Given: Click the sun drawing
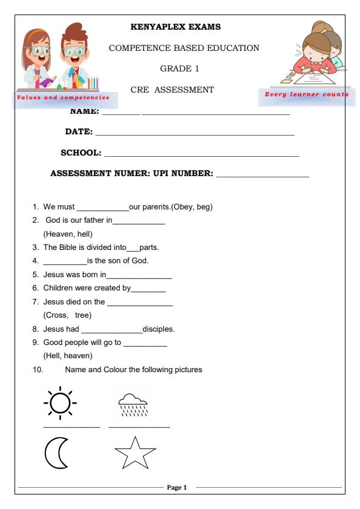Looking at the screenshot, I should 60,401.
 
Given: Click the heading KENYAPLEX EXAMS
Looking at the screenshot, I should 175,27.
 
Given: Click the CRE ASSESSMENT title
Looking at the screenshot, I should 172,90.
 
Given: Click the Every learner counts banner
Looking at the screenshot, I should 307,94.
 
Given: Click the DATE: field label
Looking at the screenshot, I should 79,132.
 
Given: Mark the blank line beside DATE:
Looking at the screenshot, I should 195,133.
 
